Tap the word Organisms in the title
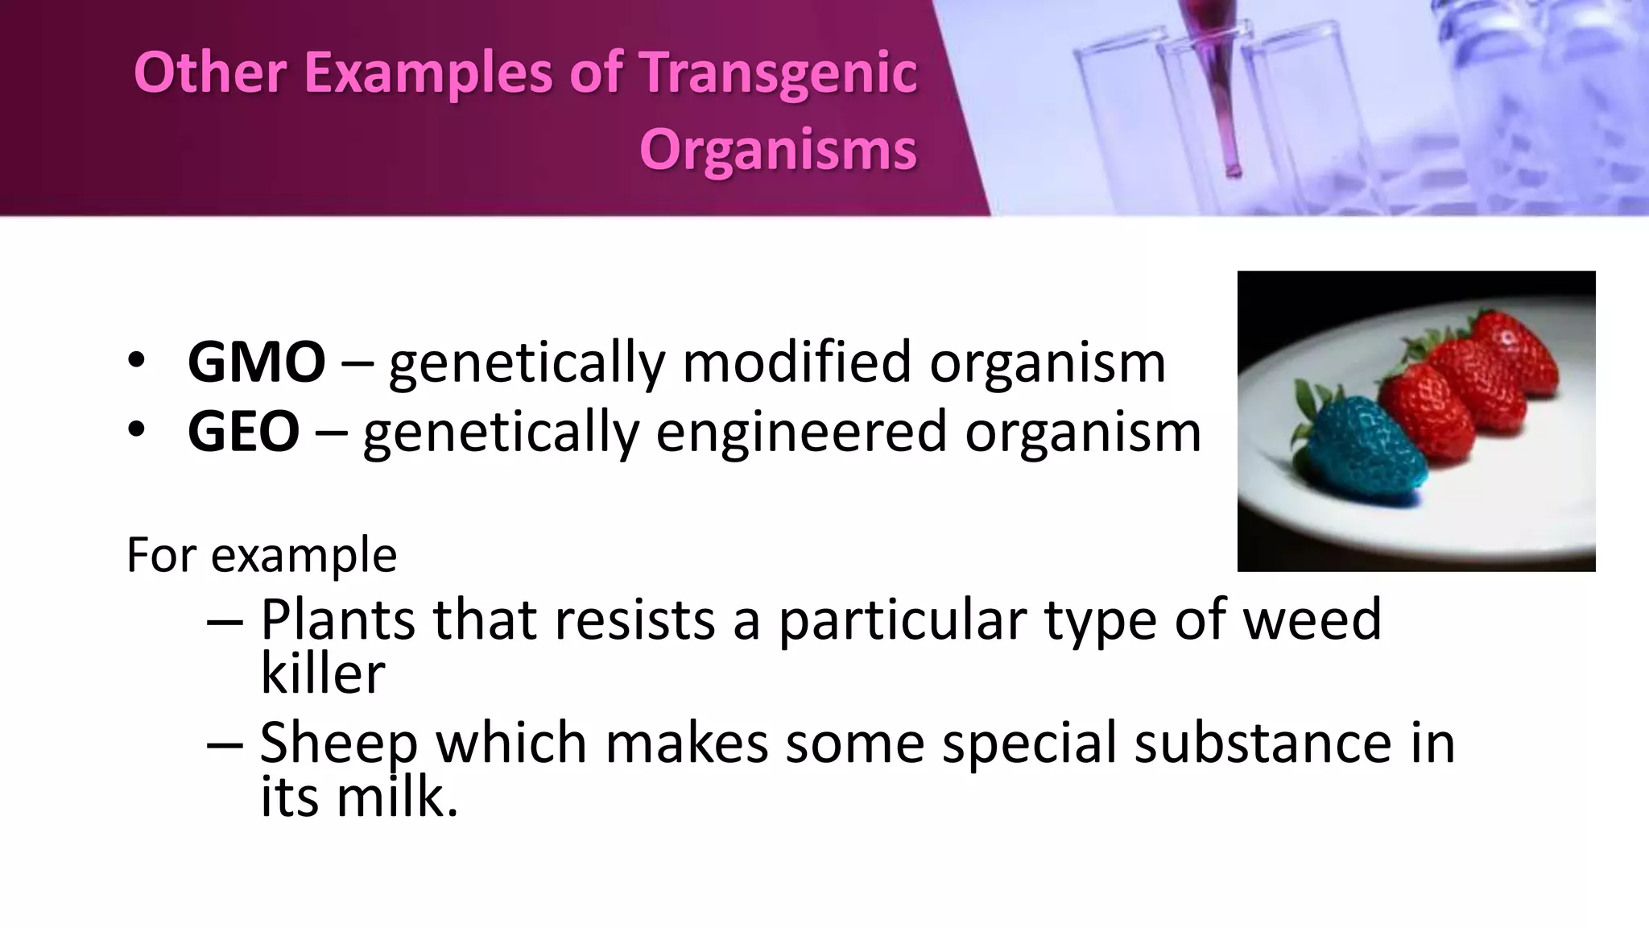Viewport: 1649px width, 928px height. (x=778, y=150)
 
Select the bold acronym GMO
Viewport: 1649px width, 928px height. (x=256, y=362)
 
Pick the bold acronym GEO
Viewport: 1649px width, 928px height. (x=243, y=432)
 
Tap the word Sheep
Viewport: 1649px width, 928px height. (x=339, y=743)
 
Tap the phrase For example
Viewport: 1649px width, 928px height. (x=262, y=555)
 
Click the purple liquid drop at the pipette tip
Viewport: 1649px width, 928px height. (x=1233, y=170)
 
